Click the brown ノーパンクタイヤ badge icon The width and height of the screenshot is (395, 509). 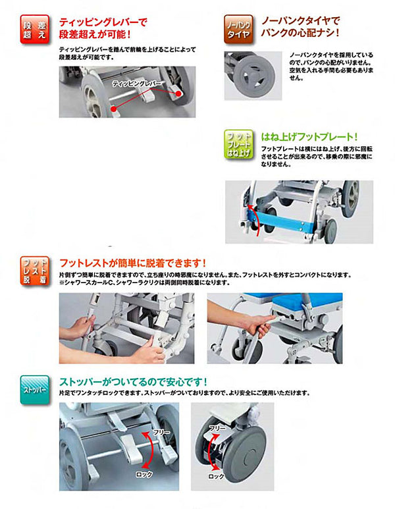(237, 28)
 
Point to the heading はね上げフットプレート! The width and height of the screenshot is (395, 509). (309, 138)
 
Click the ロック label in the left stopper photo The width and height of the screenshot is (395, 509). (145, 474)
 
